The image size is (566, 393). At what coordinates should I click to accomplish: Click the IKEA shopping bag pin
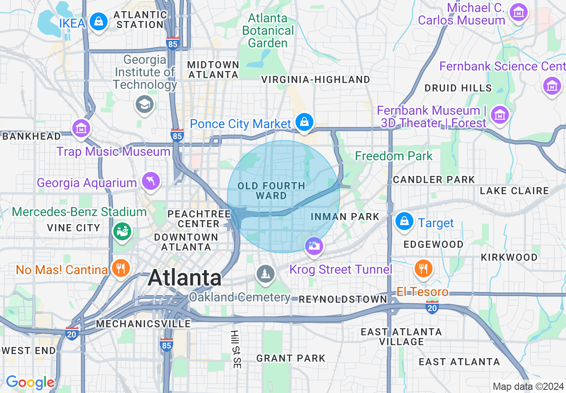pos(98,21)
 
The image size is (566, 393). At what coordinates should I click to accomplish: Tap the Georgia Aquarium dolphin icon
pos(151,181)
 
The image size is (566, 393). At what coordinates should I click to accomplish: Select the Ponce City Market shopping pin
pos(304,122)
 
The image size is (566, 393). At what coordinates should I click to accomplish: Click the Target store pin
pos(404,221)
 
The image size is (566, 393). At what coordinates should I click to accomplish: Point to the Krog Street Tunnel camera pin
pos(315,246)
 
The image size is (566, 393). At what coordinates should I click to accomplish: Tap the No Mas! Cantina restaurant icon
pos(120,268)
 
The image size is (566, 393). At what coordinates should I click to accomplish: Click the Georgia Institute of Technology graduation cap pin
pos(144,105)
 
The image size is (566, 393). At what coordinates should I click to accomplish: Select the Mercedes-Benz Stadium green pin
pos(122,231)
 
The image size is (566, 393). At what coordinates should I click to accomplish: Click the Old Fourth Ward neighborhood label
pos(271,191)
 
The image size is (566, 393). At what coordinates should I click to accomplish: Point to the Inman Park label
pos(345,217)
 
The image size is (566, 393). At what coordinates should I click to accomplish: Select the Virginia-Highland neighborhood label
pos(316,79)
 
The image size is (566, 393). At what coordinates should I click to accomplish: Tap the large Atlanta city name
pos(184,278)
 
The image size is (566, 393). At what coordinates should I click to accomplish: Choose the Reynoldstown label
pos(343,299)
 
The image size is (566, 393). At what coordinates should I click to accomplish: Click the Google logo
pos(30,382)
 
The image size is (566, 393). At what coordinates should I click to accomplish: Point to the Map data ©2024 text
pos(528,386)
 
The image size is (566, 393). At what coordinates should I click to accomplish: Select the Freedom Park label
pos(394,156)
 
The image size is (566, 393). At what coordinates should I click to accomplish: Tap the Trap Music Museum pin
pos(81,129)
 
